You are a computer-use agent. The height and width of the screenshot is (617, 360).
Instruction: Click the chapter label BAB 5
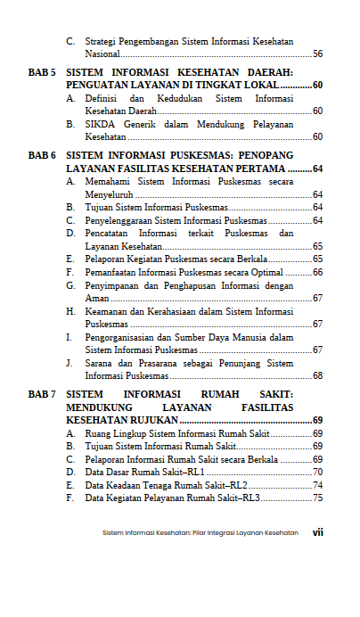[x=42, y=70]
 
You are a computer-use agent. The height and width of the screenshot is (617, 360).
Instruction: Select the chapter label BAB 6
[x=42, y=155]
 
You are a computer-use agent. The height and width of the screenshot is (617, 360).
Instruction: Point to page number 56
[x=317, y=54]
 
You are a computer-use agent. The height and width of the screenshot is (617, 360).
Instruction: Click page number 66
[x=317, y=272]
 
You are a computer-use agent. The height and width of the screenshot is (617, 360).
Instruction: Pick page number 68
[x=317, y=375]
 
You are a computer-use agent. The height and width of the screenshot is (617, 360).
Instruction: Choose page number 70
[x=317, y=472]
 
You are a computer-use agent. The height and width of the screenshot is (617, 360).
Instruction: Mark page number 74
[x=317, y=485]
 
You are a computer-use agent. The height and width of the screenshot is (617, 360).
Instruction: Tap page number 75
[x=317, y=498]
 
